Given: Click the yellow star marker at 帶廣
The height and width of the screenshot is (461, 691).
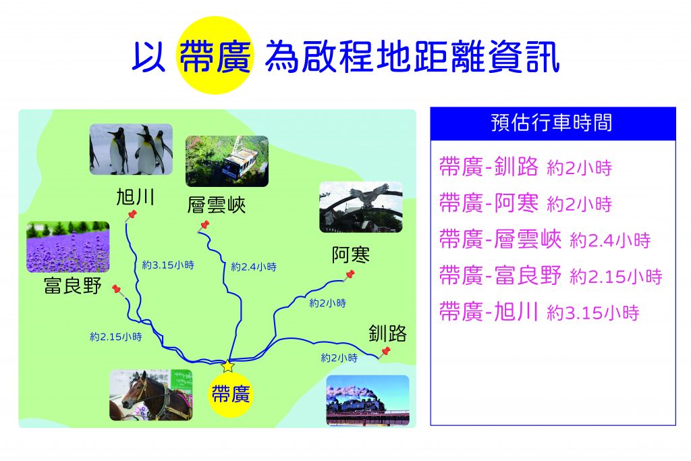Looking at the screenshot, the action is [227, 366].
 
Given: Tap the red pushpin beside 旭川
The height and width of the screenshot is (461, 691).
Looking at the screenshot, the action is [131, 216].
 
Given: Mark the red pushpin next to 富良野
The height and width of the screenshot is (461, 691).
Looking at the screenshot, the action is [117, 290].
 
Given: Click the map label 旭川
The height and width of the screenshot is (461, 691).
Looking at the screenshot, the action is [135, 196].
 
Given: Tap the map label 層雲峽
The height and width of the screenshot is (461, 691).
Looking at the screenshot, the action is [217, 205].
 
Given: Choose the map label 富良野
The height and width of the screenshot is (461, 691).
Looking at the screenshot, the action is [73, 286].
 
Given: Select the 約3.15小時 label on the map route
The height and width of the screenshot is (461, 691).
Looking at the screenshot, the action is [168, 265].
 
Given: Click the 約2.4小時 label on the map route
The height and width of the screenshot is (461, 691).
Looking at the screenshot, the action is [254, 267].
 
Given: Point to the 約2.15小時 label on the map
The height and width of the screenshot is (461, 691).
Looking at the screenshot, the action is [116, 337].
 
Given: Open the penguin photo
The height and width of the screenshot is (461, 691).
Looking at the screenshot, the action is [131, 149].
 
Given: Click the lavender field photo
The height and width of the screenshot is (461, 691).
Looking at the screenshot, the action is [68, 247].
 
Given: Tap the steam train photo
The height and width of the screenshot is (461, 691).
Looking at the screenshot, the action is [368, 401].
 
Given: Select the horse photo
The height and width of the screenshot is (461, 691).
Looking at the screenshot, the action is [150, 395].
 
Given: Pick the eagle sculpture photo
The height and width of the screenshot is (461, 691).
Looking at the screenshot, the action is [361, 207].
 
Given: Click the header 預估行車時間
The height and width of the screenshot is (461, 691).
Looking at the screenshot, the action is [552, 123].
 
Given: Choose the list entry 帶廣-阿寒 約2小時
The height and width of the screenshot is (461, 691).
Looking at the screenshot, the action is [526, 203].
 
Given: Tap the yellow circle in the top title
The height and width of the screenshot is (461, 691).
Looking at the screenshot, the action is [215, 55].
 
